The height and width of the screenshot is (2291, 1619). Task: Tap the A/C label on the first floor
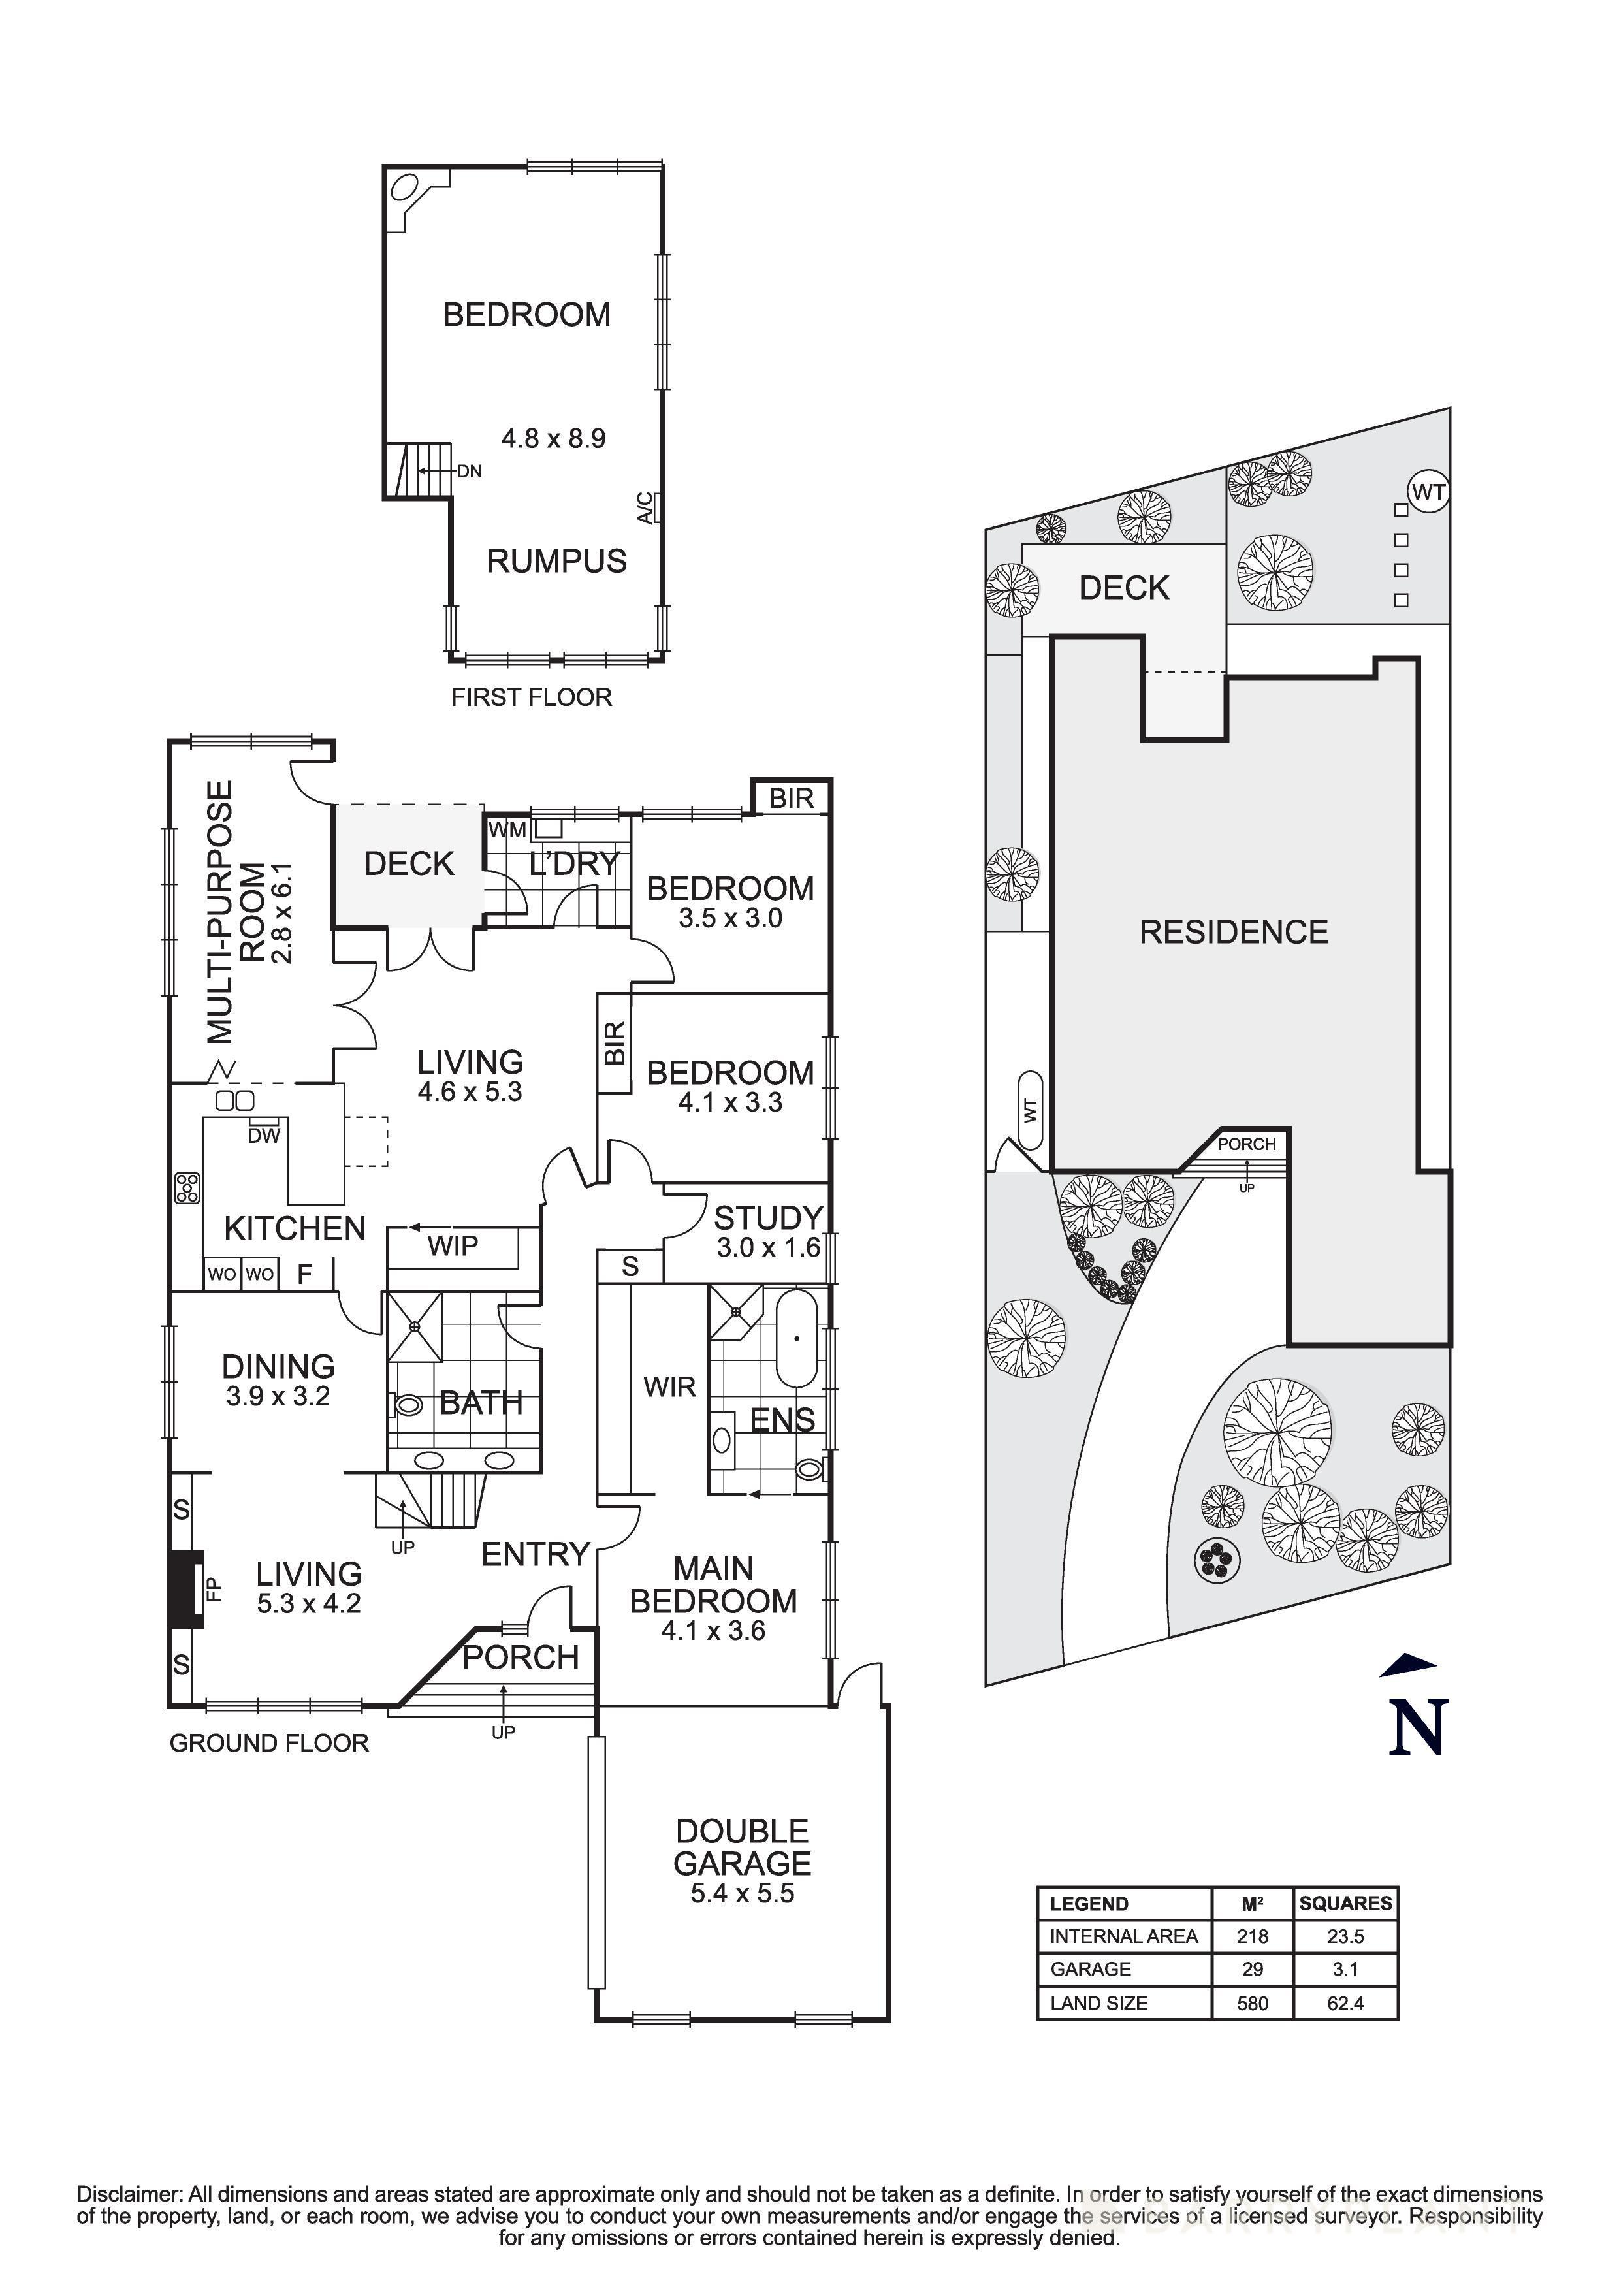click(645, 508)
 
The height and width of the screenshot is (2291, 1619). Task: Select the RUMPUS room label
click(556, 561)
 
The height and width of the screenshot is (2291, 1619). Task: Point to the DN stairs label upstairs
click(470, 471)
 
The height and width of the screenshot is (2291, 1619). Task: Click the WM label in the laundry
click(507, 829)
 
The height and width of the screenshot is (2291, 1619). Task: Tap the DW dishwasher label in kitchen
click(264, 1136)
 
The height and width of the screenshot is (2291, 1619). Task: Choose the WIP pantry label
click(453, 1245)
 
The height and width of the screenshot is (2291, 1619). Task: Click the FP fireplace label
click(212, 1588)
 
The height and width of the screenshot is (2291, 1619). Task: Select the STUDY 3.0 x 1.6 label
click(767, 1231)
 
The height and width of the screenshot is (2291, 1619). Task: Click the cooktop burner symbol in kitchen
click(187, 1187)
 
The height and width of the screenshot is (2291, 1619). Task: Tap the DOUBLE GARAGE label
click(742, 1848)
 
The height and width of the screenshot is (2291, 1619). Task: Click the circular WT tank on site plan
click(1428, 492)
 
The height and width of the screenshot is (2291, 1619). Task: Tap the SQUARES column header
click(1345, 1904)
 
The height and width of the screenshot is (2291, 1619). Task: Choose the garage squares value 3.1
click(1345, 1970)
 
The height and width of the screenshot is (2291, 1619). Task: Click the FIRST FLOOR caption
click(531, 697)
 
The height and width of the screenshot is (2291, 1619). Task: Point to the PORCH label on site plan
click(1246, 1144)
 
